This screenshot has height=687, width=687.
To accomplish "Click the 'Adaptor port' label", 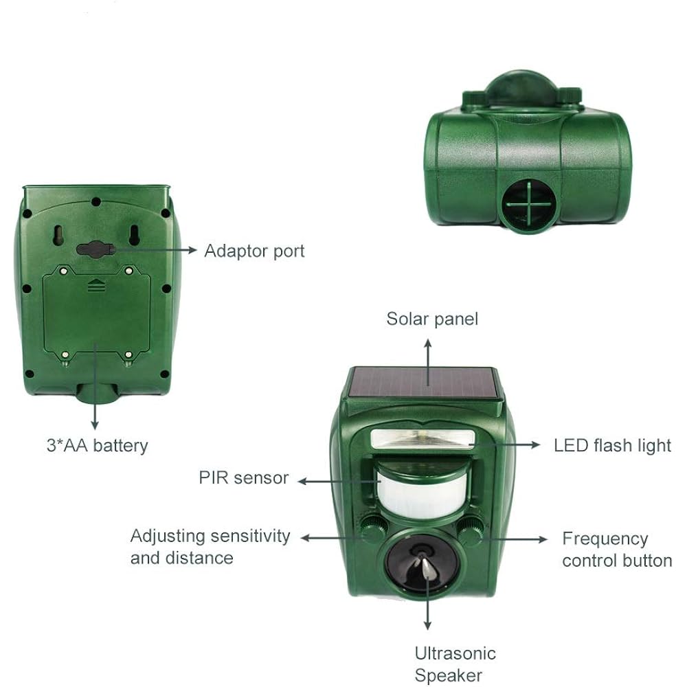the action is coord(254,251).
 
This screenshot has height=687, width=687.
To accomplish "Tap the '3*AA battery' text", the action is coord(98,446).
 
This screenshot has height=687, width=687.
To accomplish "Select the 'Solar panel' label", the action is coord(432,319).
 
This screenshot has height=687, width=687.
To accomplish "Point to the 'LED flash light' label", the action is coord(612,446).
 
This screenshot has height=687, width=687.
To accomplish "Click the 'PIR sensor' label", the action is coord(244,477).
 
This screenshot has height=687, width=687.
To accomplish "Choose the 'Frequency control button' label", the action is coord(617,550).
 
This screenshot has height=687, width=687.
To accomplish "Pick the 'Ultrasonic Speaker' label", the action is coord(455,664).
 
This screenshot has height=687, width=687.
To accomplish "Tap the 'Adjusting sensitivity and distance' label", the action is coord(210,547).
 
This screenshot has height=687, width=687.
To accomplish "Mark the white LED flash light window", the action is coord(423,439).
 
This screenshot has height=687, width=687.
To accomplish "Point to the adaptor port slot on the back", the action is coord(96,249).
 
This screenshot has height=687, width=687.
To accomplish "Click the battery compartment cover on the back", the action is coord(97,314).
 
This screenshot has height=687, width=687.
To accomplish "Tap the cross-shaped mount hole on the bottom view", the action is coord(529,204).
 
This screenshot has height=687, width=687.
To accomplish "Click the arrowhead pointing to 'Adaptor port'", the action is coord(192,250).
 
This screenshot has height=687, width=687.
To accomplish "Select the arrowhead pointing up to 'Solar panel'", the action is coord(428,345).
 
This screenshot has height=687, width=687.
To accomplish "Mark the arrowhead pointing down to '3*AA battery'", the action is coord(95,425).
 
